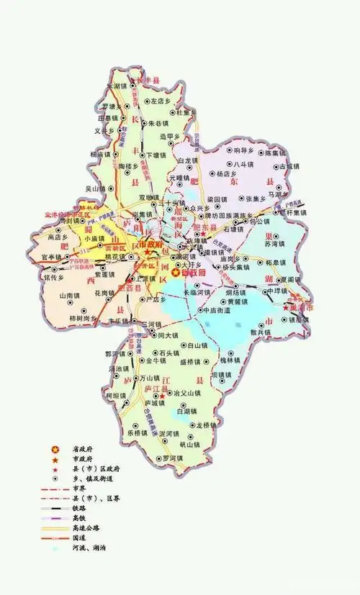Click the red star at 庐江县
pos(163,395)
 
